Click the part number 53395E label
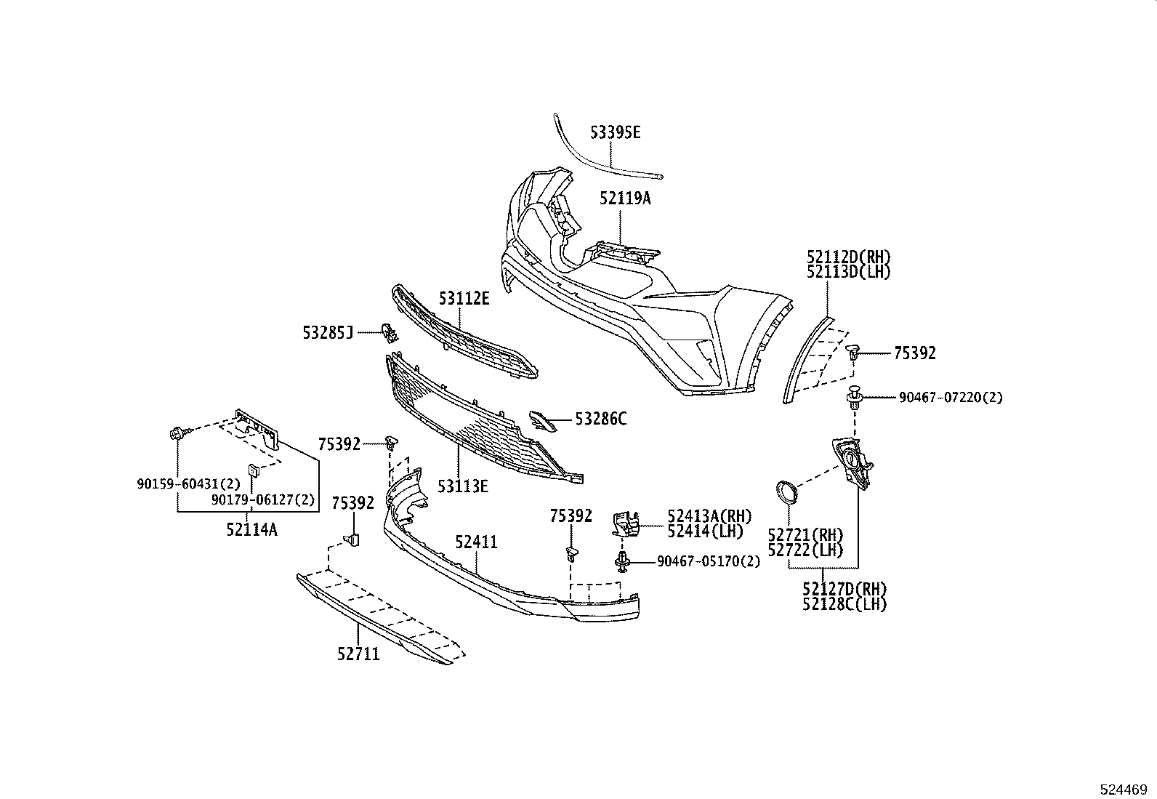(x=615, y=132)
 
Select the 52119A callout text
(x=625, y=198)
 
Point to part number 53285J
(x=328, y=333)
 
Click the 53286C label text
(x=600, y=419)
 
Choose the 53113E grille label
(x=462, y=486)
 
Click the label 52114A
(x=251, y=529)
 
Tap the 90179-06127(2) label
(x=264, y=499)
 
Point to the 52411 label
(x=477, y=542)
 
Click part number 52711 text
(x=358, y=654)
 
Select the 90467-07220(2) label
(x=951, y=398)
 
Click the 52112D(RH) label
(x=848, y=257)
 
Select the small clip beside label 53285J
(x=390, y=333)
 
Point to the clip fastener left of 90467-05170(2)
(x=623, y=561)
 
